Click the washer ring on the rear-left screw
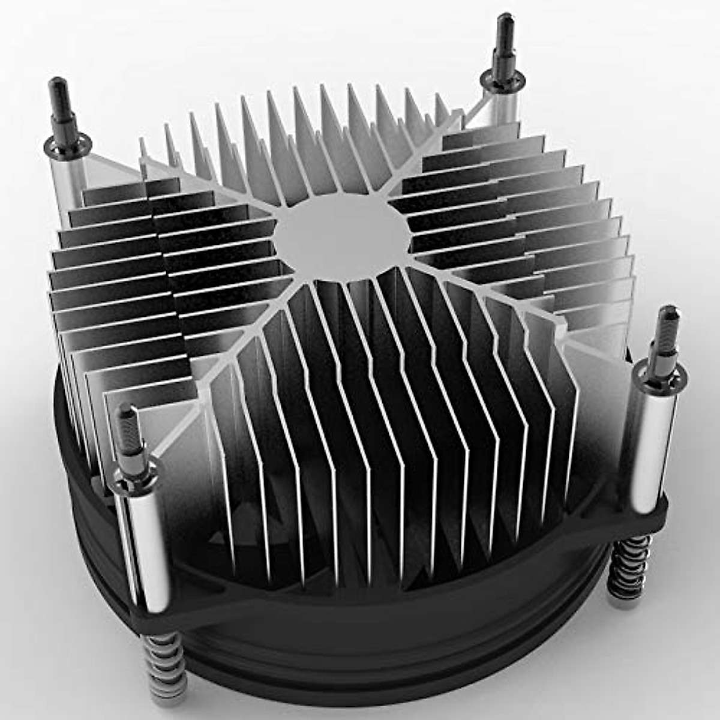point(67,143)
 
